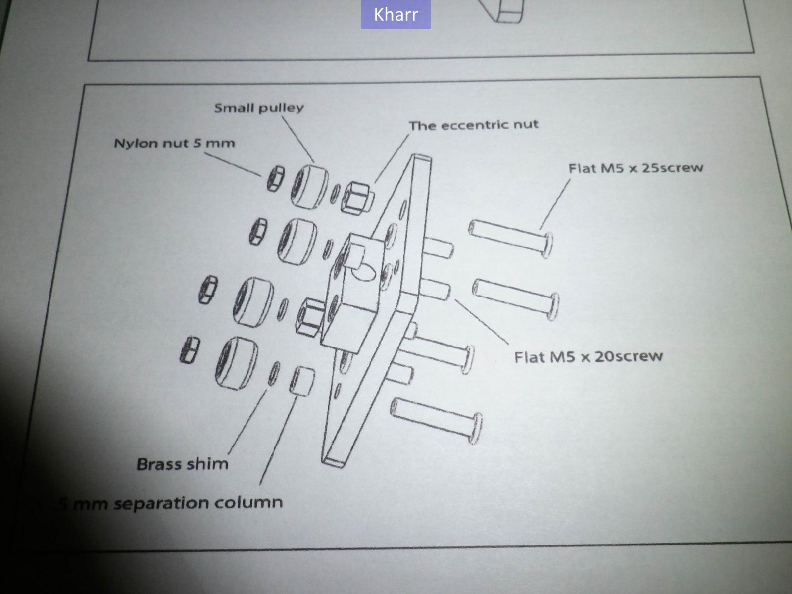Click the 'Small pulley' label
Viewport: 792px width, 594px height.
point(259,108)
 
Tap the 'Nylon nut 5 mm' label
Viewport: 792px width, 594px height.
point(174,144)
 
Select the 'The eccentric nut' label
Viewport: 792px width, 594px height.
point(473,125)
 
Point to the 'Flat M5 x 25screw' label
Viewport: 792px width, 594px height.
point(636,168)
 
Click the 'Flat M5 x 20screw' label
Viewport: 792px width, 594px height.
point(588,356)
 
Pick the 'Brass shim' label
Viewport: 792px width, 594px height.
point(182,464)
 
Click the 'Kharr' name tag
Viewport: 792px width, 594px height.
point(396,14)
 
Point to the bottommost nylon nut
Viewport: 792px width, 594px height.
point(189,350)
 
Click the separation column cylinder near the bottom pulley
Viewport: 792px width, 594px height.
point(301,381)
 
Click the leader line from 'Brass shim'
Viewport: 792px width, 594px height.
point(247,421)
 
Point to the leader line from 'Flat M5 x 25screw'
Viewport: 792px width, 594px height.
point(555,203)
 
